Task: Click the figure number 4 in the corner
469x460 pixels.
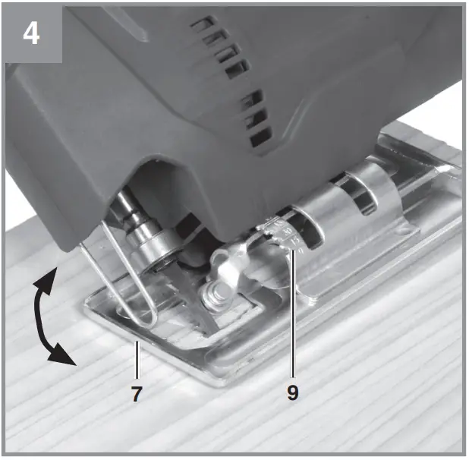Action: pyautogui.click(x=30, y=33)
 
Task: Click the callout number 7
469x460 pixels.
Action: pyautogui.click(x=136, y=393)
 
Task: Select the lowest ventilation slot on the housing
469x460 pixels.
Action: pyautogui.click(x=260, y=139)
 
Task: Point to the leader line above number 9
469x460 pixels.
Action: pyautogui.click(x=292, y=319)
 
